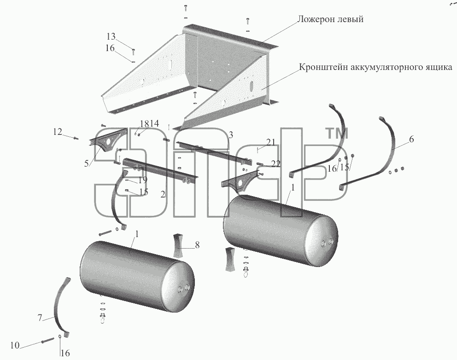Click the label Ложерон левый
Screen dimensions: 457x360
(x=330, y=19)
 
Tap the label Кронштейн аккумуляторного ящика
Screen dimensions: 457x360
(x=375, y=67)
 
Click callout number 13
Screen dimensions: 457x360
(x=111, y=36)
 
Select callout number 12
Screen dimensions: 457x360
(x=58, y=132)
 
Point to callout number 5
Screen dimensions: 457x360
(x=86, y=163)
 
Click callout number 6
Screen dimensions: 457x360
(x=411, y=139)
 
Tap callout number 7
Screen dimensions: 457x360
(x=40, y=318)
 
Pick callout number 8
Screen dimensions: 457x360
(x=197, y=245)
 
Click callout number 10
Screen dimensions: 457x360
(x=15, y=346)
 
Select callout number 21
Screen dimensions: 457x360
(x=271, y=142)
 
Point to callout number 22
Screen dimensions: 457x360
(x=275, y=164)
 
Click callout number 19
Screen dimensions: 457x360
(x=142, y=180)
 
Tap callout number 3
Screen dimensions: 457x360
(x=231, y=135)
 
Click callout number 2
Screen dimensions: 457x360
(x=163, y=194)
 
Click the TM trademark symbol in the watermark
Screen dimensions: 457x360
(x=337, y=134)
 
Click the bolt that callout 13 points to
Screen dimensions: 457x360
(x=134, y=52)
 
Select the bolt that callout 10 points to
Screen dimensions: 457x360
(x=48, y=340)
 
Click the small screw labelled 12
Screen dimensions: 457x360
(x=76, y=139)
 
